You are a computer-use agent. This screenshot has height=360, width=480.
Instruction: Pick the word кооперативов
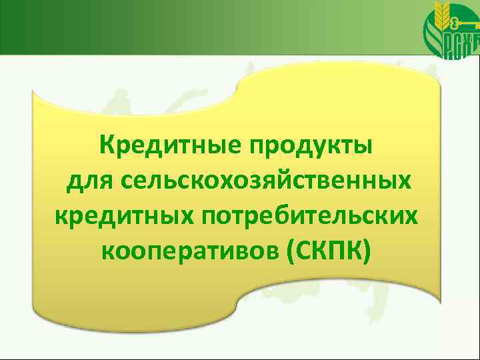[190, 252]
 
